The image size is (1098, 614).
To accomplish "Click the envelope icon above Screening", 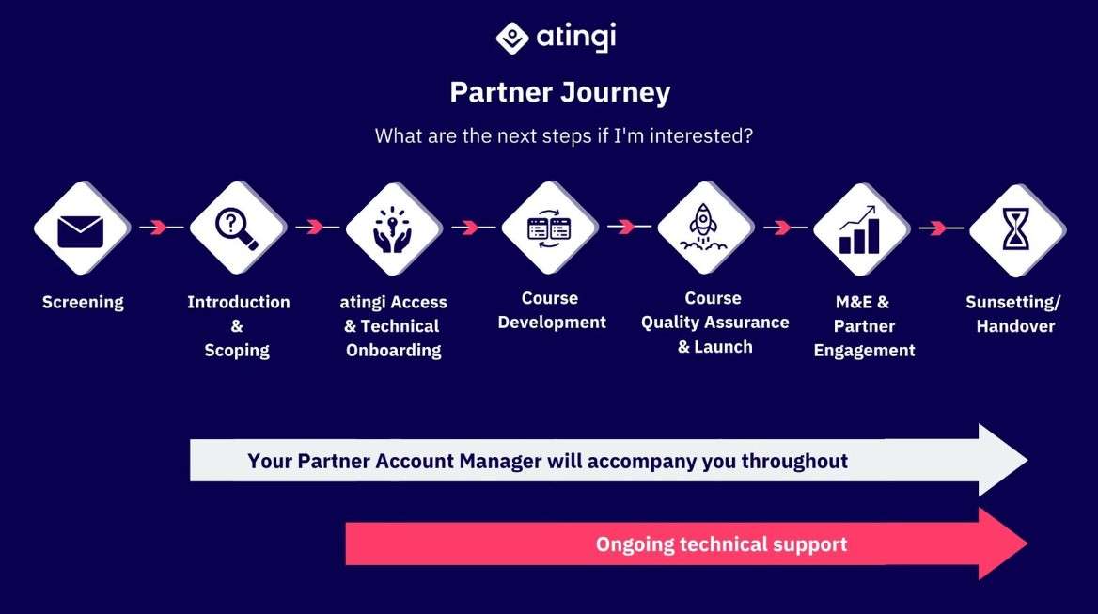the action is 81,230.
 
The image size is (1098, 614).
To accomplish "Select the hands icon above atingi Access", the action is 393,229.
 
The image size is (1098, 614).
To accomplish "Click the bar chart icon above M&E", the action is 859,229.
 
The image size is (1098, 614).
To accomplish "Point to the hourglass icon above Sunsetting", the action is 1016,228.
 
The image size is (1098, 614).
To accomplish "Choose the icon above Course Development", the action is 549,228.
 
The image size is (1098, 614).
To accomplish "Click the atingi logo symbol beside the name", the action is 512,38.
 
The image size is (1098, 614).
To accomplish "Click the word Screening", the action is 83,303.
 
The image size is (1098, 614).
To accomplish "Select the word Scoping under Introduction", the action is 237,350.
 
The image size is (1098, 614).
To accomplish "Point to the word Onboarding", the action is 394,350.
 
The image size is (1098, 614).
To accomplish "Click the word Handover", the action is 1015,326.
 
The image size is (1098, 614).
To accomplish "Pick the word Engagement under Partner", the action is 864,351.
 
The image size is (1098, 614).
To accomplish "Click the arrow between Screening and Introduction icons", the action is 161,227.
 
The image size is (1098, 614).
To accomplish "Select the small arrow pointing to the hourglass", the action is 941,228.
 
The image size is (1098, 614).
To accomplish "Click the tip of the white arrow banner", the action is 1027,460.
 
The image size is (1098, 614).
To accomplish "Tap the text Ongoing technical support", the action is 721,544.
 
